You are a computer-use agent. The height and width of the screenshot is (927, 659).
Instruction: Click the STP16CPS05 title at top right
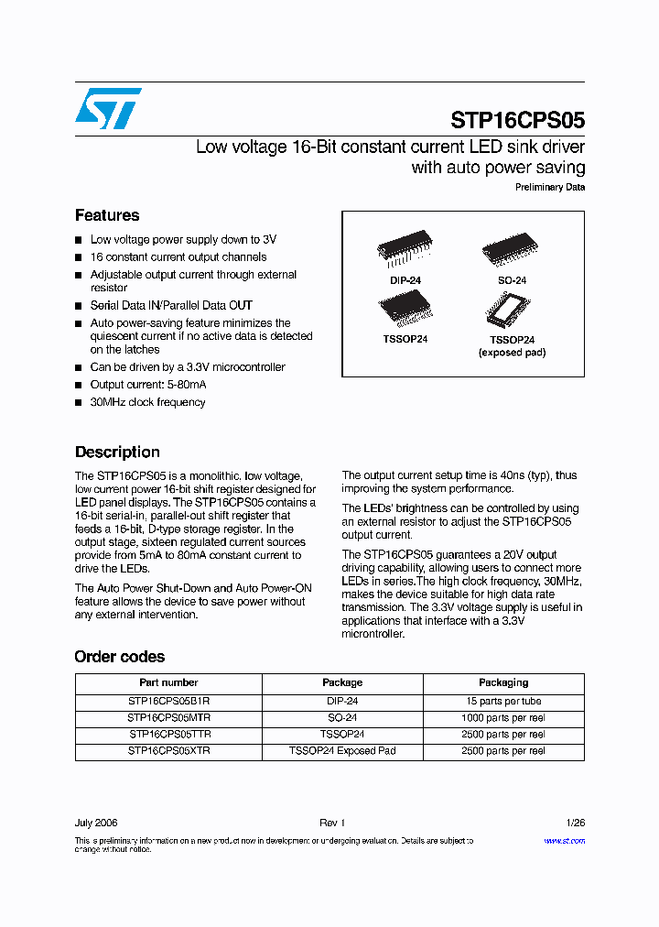tap(517, 121)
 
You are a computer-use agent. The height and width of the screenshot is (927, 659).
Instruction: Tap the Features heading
tap(107, 215)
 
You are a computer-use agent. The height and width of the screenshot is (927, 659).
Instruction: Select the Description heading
tap(117, 452)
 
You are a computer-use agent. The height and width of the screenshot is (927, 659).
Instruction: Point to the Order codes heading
tap(120, 657)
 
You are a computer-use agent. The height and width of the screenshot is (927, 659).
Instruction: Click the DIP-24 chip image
tap(403, 248)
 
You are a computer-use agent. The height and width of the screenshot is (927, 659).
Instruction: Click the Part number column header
tap(168, 682)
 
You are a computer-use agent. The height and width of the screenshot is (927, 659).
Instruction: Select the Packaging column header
tap(503, 682)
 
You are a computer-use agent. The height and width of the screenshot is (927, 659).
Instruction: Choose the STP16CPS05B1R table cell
tap(168, 701)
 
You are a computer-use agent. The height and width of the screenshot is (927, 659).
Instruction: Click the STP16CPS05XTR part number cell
tap(168, 751)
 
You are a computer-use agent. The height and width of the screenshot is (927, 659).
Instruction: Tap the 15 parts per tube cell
tap(503, 701)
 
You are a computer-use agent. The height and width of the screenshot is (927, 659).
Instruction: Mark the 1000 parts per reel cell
tap(503, 717)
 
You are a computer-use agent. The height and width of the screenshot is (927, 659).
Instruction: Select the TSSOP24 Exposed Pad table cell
tap(342, 751)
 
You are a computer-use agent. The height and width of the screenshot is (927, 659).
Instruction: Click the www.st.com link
tap(564, 841)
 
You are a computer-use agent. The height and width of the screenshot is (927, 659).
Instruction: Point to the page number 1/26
tap(575, 823)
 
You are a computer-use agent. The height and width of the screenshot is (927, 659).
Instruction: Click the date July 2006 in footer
tap(96, 823)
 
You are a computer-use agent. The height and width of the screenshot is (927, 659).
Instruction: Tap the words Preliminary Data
tap(549, 188)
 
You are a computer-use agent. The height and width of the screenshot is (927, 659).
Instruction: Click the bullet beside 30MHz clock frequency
tap(79, 403)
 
